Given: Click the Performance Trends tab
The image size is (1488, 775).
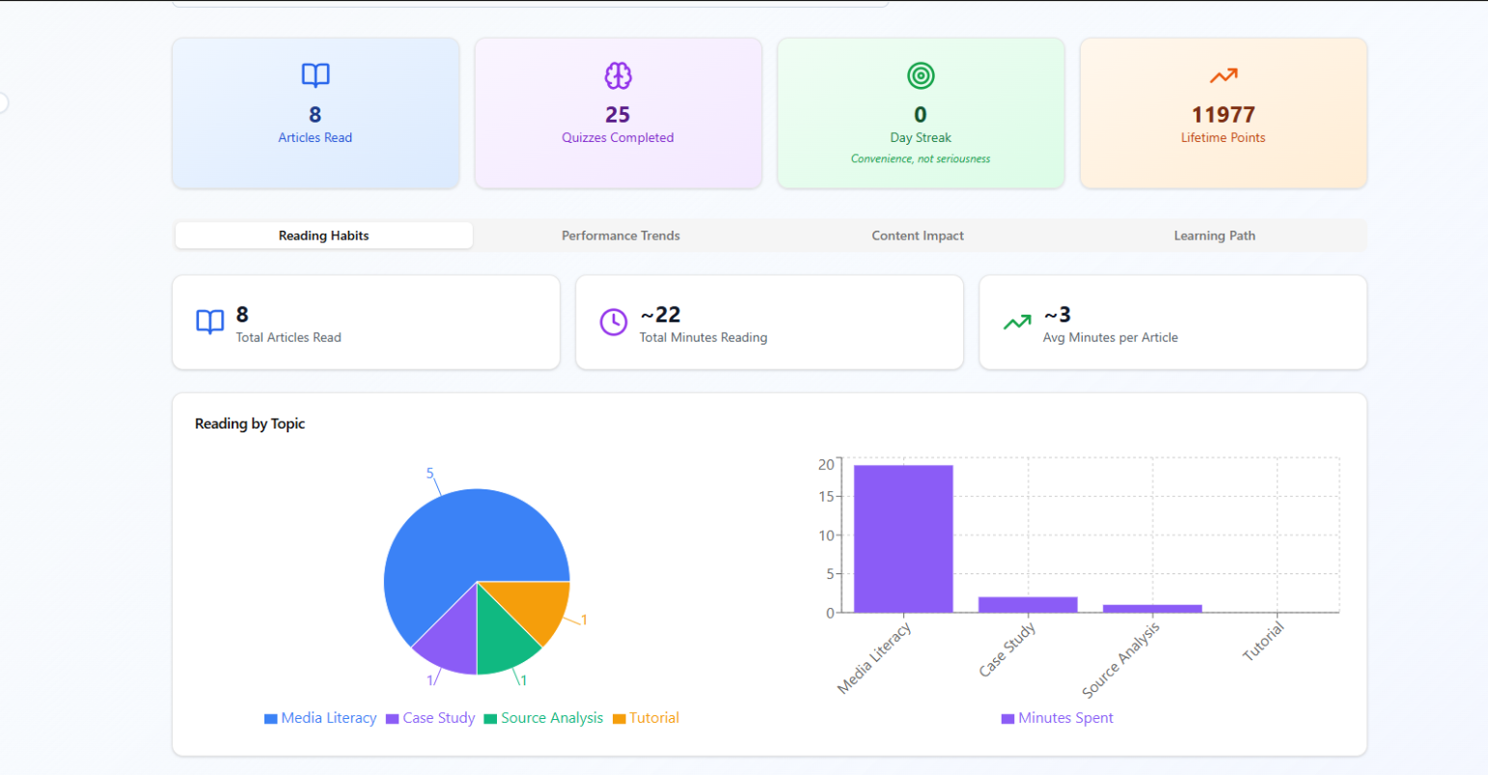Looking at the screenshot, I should [x=620, y=235].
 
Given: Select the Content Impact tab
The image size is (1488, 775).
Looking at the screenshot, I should [x=918, y=235].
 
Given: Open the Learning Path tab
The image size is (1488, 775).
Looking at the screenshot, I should [x=1214, y=235].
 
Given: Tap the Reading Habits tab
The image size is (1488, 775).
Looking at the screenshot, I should [x=323, y=235].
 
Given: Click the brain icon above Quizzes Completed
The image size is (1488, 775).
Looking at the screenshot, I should [x=618, y=75].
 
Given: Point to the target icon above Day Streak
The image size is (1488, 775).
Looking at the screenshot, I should [x=921, y=75].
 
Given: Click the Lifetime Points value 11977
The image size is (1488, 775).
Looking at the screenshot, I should [x=1223, y=115].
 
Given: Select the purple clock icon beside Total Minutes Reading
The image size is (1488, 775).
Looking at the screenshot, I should [x=614, y=322].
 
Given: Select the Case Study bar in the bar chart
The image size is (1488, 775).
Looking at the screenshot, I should [x=1028, y=604].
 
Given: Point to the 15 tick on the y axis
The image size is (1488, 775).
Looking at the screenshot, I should [x=826, y=497].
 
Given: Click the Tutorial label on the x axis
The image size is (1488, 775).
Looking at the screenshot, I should [x=1263, y=642].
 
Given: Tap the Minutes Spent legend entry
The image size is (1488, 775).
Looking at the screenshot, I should [x=1058, y=718].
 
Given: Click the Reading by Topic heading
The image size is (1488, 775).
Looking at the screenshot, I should [x=250, y=424].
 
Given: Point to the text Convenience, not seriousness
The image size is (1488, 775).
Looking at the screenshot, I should [x=921, y=159].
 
